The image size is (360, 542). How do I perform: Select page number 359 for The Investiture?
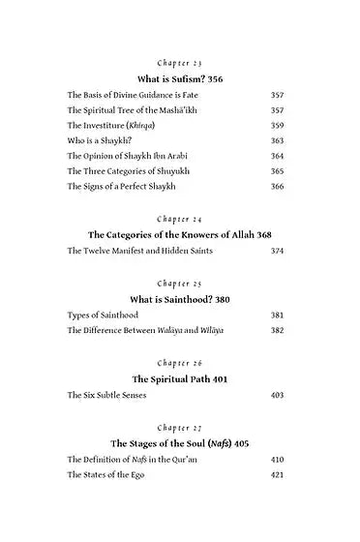[x=278, y=126]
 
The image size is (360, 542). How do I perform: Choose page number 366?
[x=278, y=185]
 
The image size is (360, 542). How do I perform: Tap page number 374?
[x=278, y=252]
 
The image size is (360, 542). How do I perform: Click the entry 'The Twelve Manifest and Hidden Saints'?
[x=139, y=252]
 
